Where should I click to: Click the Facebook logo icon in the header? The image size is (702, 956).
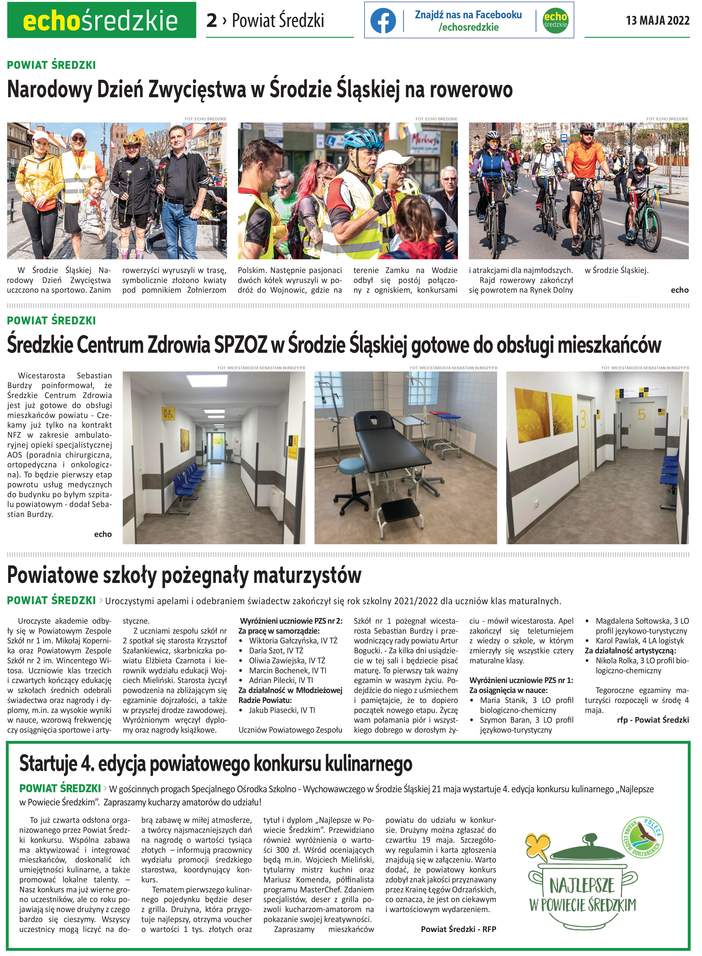pos(383,20)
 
